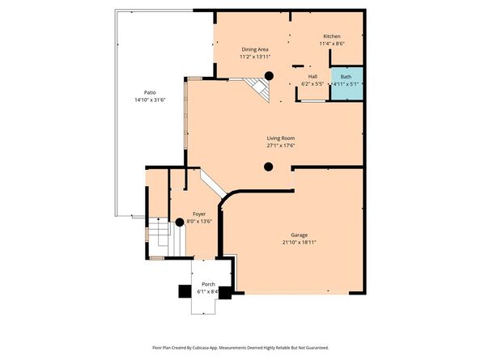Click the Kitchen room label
tap(332, 37)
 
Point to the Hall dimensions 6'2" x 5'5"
tap(313, 84)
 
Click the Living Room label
tap(282, 138)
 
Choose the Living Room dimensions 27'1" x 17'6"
tap(282, 146)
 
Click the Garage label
tap(299, 234)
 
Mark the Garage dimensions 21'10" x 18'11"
tap(299, 242)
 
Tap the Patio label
tap(149, 91)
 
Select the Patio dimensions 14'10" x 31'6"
tap(149, 100)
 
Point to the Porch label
tap(208, 286)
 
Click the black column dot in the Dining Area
tap(270, 76)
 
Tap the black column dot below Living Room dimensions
tap(268, 168)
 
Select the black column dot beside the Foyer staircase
tap(180, 222)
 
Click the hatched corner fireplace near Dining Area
tap(256, 87)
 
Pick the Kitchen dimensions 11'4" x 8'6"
tap(332, 44)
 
